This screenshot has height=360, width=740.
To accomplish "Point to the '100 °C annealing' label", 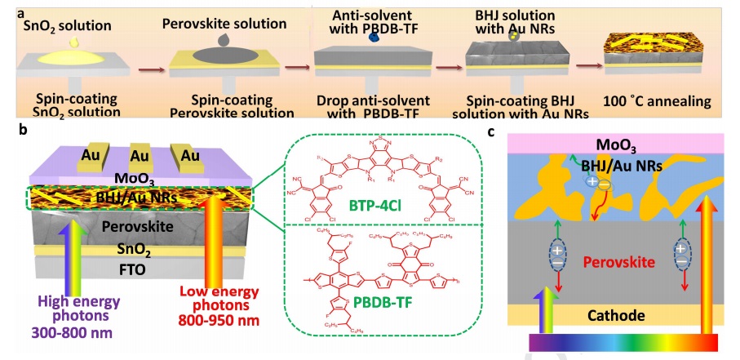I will [x=660, y=102].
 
